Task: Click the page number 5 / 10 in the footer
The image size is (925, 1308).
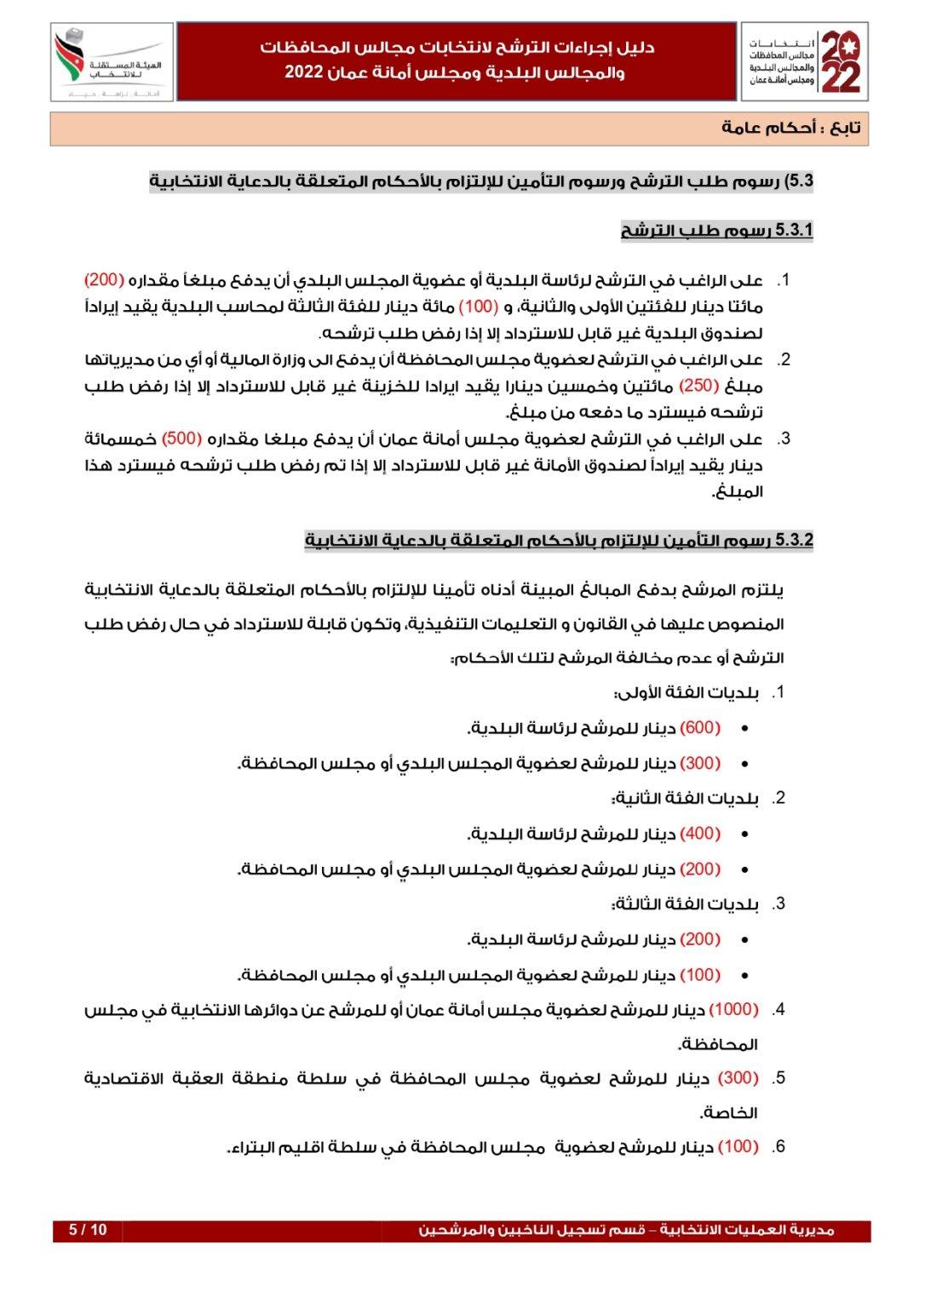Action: click(88, 1230)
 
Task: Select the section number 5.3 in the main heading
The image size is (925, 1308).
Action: click(798, 181)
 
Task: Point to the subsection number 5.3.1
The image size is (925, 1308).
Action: click(794, 230)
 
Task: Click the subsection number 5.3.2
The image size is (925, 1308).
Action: click(794, 540)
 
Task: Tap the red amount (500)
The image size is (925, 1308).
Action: click(181, 439)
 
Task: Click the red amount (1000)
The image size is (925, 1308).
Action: click(733, 1009)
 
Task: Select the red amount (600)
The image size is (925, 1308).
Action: click(700, 727)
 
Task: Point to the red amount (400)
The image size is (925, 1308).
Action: click(700, 833)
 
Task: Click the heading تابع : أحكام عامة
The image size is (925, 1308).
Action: click(791, 128)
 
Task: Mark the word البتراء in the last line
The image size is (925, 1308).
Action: click(255, 1146)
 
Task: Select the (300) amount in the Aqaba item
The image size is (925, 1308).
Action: click(738, 1078)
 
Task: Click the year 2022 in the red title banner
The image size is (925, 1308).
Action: click(303, 73)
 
